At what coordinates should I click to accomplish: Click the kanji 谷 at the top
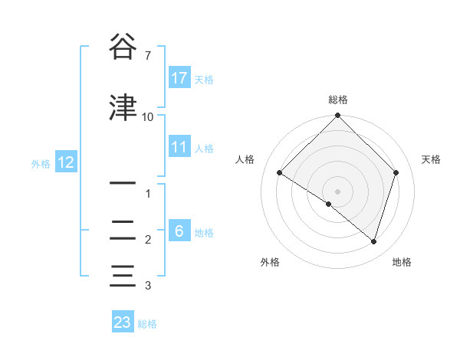point(123,48)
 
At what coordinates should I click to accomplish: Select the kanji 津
point(123,107)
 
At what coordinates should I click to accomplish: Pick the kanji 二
point(123,229)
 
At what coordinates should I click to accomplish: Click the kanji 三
point(123,275)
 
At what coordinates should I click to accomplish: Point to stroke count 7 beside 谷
point(147,56)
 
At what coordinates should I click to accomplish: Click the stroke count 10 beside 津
point(147,117)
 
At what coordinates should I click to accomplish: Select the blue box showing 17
point(179,78)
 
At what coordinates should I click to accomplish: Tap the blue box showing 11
point(179,147)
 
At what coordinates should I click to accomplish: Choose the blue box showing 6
point(179,231)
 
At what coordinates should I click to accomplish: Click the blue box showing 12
point(65,162)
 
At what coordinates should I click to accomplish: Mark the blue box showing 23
point(123,322)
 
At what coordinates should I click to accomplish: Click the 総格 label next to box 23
point(147,324)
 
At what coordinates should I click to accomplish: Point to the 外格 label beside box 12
point(41,163)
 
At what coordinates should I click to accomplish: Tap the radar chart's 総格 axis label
point(338,100)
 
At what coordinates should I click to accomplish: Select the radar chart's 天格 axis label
point(431,159)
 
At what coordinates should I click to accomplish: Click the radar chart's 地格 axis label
point(402,262)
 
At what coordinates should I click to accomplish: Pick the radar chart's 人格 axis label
point(245,159)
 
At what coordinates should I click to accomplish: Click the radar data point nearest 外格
point(329,204)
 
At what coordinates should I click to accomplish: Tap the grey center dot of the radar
point(337,191)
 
